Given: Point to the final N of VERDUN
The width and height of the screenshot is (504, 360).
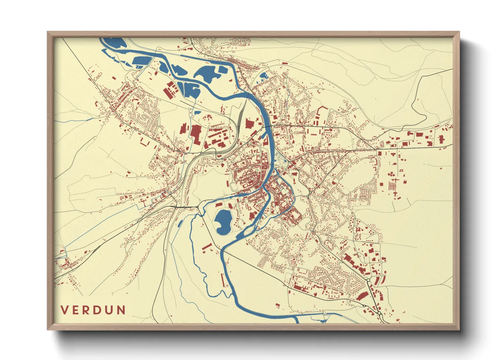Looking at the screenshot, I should point(121,310).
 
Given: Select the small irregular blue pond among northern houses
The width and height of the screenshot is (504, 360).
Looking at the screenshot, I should point(264,76).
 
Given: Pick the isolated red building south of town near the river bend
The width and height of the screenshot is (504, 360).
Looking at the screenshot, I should point(277,305).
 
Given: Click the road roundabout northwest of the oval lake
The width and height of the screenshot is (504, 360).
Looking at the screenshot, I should point(198,207).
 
